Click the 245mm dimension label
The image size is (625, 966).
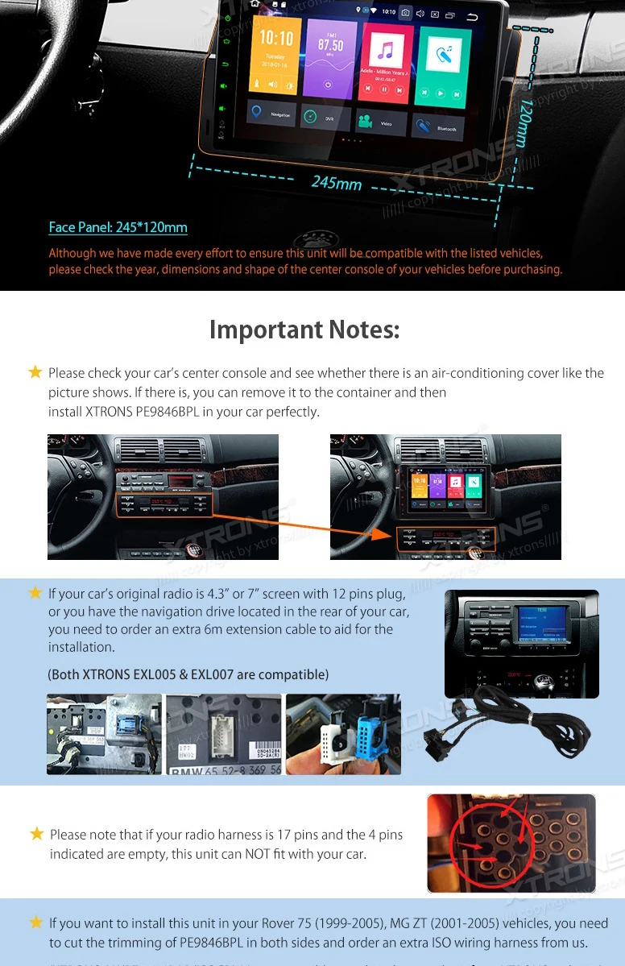point(336,183)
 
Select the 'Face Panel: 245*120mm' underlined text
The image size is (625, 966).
point(118,227)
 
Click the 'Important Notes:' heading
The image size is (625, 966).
point(304,330)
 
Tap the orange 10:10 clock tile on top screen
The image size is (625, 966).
point(275,56)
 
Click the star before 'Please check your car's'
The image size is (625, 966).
point(35,372)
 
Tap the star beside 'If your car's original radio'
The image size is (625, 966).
point(35,593)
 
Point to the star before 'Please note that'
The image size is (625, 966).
point(37,834)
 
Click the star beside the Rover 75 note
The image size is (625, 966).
point(36,922)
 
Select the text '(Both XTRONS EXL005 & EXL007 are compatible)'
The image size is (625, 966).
point(188,674)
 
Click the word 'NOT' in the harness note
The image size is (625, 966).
point(226,853)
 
